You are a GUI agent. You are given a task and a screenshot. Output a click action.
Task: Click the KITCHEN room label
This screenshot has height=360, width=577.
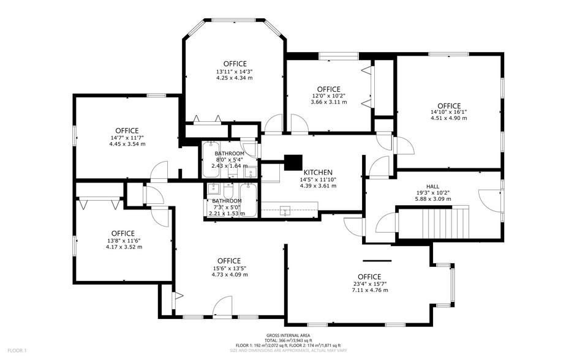click(317, 172)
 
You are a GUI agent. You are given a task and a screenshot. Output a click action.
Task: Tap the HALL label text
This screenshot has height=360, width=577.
click(432, 186)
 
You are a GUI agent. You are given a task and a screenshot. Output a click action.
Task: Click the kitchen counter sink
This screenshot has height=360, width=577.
click(285, 211)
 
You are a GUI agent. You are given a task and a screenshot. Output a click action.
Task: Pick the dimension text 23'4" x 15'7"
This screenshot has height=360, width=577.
click(369, 283)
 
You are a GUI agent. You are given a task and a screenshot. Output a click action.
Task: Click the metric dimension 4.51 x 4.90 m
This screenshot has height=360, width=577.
click(448, 118)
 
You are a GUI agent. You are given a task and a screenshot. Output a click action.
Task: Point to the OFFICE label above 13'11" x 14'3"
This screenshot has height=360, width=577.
click(235, 64)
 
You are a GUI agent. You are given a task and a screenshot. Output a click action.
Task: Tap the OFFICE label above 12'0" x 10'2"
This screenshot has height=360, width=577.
click(328, 89)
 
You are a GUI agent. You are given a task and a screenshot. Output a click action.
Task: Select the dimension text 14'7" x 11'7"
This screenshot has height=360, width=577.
click(127, 138)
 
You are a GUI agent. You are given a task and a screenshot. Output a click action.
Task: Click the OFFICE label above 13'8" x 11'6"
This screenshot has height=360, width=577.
click(123, 233)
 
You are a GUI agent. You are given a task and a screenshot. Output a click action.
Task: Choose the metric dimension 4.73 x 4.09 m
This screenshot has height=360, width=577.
click(230, 275)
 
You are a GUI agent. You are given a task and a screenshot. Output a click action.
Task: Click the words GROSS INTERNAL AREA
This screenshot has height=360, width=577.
click(288, 336)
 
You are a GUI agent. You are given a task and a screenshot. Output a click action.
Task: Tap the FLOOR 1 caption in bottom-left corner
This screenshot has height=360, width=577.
click(17, 350)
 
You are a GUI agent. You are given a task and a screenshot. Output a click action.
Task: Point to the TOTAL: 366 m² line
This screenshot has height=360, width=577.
click(288, 341)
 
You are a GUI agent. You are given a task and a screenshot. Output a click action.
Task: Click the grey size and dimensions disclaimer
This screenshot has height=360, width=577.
click(288, 351)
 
